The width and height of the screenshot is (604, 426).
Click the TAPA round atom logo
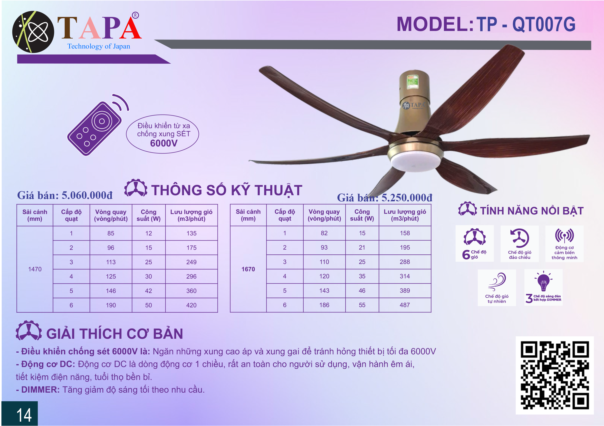[33, 32]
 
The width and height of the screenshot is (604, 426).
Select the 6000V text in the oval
[164, 143]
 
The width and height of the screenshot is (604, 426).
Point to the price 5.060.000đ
[87, 195]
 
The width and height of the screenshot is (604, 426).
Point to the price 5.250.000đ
[407, 198]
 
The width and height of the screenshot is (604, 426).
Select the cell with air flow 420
[192, 305]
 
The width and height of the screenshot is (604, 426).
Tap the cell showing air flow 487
[405, 305]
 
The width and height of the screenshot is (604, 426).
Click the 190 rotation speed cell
[111, 305]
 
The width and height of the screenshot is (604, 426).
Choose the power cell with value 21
[362, 247]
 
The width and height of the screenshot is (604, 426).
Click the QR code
[555, 375]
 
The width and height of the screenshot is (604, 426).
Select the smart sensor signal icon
[564, 236]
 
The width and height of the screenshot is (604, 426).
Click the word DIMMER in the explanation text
[40, 390]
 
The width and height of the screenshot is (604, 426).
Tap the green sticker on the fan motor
[412, 82]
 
